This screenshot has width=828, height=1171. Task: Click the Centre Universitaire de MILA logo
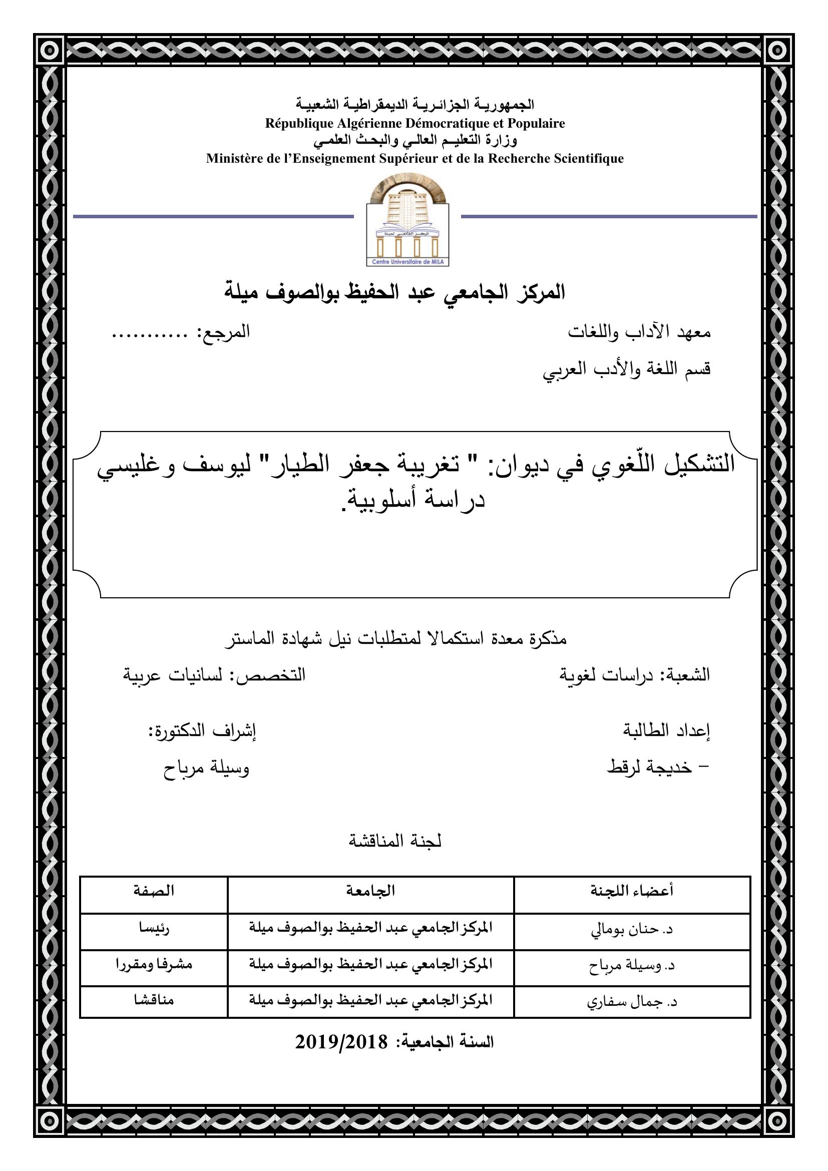[x=408, y=221]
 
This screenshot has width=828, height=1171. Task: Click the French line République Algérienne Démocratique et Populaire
[x=415, y=124]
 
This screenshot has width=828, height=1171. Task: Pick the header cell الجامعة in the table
[x=370, y=891]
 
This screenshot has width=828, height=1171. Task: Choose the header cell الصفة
[x=154, y=891]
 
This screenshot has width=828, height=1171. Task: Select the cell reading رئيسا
[x=154, y=928]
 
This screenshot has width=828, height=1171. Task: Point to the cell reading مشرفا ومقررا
[x=154, y=965]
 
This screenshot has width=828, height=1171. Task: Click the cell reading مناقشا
[x=154, y=1001]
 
